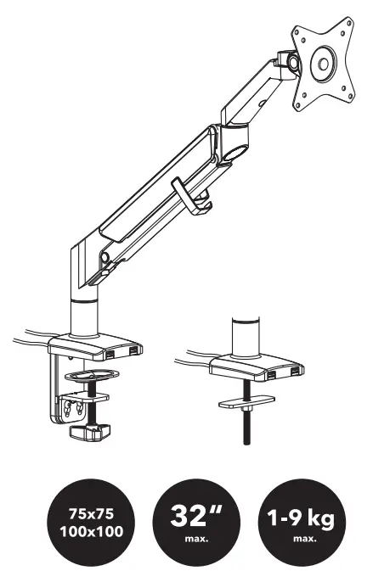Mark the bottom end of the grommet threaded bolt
point(246,444)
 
